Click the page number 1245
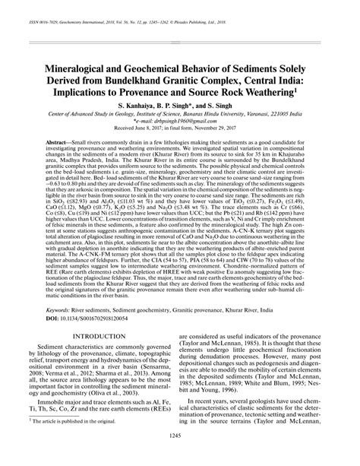pos(180,455)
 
